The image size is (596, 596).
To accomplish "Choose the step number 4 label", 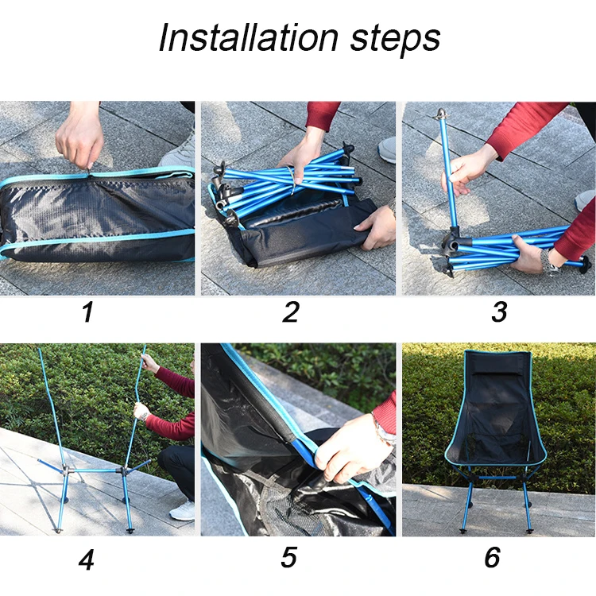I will [87, 559].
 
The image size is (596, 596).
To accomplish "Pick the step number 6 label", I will [493, 559].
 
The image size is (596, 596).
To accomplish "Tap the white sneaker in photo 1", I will [180, 151].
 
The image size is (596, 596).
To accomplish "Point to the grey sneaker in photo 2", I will [387, 149].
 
